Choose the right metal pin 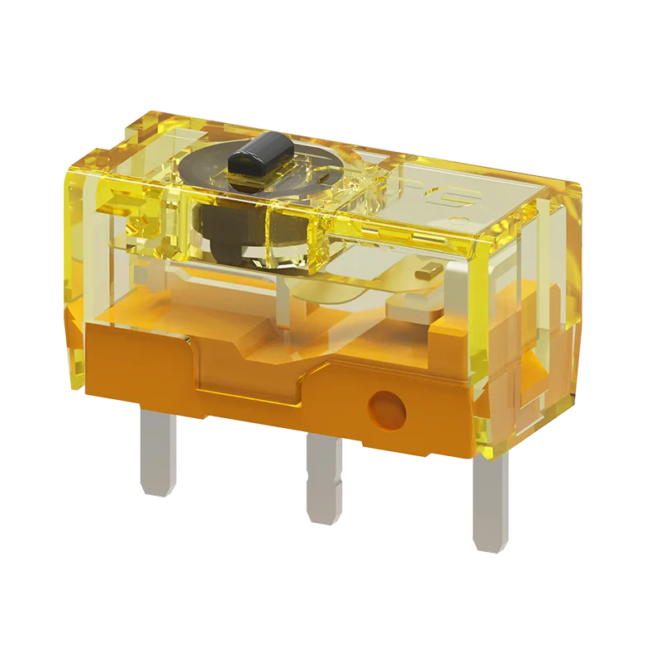pos(487,504)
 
